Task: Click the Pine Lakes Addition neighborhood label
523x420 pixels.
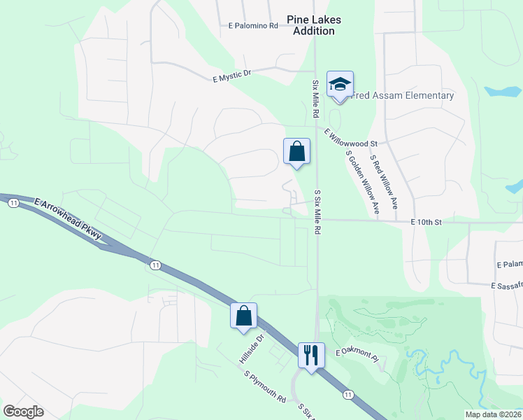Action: (x=313, y=25)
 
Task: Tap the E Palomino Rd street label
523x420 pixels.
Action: (x=253, y=26)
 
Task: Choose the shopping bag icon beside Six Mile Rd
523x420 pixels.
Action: (x=296, y=151)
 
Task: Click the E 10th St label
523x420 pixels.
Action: (x=427, y=222)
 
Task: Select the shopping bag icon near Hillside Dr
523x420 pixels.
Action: (x=243, y=316)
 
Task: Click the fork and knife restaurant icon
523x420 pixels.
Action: (x=310, y=354)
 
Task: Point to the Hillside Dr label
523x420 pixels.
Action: (x=252, y=348)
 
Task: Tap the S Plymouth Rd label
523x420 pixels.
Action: (x=265, y=386)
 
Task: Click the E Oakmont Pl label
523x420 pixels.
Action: (x=357, y=355)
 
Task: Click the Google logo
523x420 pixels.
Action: (x=23, y=412)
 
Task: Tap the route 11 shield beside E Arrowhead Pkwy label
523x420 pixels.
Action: (x=14, y=202)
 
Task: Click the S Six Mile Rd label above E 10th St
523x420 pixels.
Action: (x=317, y=210)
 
